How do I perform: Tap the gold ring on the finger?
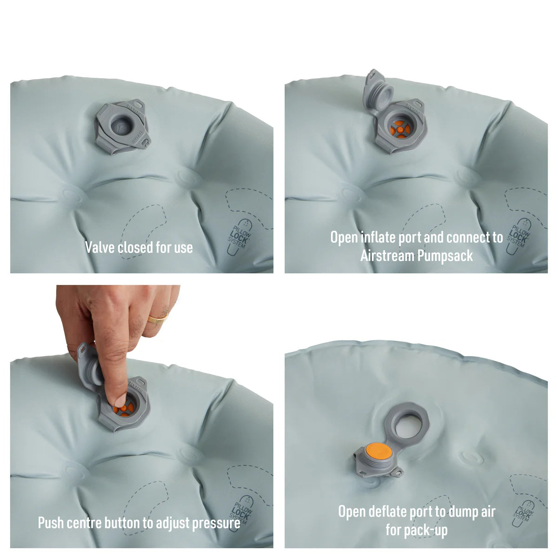158,319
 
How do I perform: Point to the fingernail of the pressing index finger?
119,400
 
